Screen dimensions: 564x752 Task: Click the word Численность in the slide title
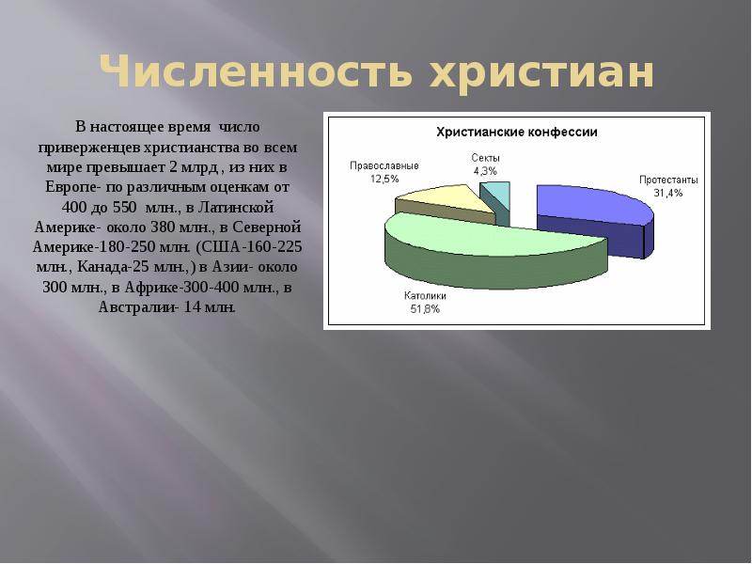click(255, 73)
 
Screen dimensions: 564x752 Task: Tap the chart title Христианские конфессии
click(516, 133)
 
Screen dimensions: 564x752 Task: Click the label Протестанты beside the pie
click(668, 180)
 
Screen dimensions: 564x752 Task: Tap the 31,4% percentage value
click(668, 193)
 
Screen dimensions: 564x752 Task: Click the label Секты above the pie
click(486, 158)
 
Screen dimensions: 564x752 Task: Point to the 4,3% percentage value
click(486, 171)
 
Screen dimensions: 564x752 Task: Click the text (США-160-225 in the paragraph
click(248, 246)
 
